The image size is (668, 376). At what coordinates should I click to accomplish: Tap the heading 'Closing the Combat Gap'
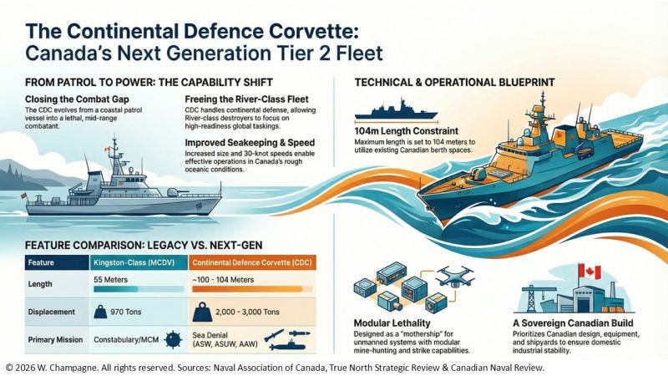[66, 99]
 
